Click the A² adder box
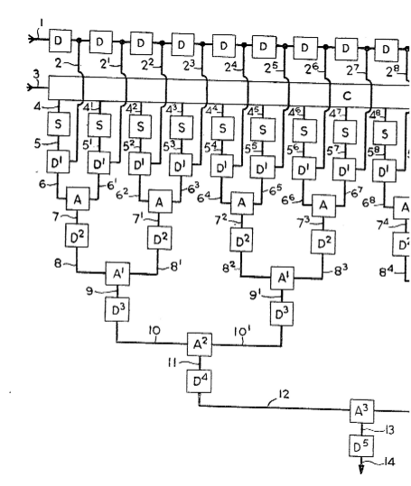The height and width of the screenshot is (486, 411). (200, 344)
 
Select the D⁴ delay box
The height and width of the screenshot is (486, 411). (199, 381)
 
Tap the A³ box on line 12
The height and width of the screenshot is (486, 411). (362, 411)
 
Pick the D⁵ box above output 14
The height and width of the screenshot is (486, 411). (361, 446)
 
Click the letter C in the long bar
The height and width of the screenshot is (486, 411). (347, 96)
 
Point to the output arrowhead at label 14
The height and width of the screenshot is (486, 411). (361, 469)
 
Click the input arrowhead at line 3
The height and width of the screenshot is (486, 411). (30, 87)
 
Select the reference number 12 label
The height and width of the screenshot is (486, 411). (284, 394)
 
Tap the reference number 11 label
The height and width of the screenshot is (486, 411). (173, 362)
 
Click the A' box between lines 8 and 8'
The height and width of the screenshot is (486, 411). (117, 274)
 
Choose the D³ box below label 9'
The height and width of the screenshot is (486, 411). (282, 314)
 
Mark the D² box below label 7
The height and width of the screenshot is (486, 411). (77, 235)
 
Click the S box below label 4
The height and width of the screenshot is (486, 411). (59, 124)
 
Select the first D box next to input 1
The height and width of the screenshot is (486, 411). (61, 41)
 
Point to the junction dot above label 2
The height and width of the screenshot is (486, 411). (79, 40)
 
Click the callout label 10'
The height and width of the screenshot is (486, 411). (242, 332)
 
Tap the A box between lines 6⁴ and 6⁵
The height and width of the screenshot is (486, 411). (242, 204)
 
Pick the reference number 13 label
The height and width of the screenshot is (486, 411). (388, 430)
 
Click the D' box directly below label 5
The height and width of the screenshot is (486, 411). (58, 161)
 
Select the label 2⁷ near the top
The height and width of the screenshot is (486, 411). (353, 70)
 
